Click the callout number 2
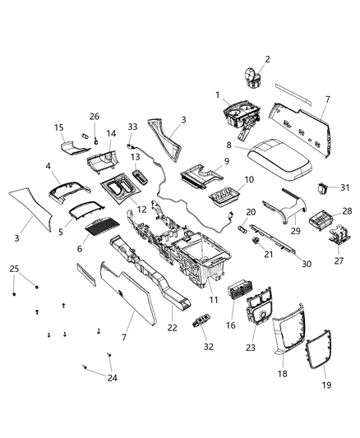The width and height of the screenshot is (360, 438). pyautogui.click(x=267, y=59)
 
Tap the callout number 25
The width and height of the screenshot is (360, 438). pyautogui.click(x=14, y=269)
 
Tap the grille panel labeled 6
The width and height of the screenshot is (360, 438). pyautogui.click(x=104, y=226)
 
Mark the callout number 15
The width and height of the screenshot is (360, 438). pyautogui.click(x=58, y=127)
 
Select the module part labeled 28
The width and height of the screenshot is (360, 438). pyautogui.click(x=324, y=219)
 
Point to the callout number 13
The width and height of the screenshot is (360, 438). pyautogui.click(x=135, y=156)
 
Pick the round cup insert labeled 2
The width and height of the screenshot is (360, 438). pyautogui.click(x=250, y=78)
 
